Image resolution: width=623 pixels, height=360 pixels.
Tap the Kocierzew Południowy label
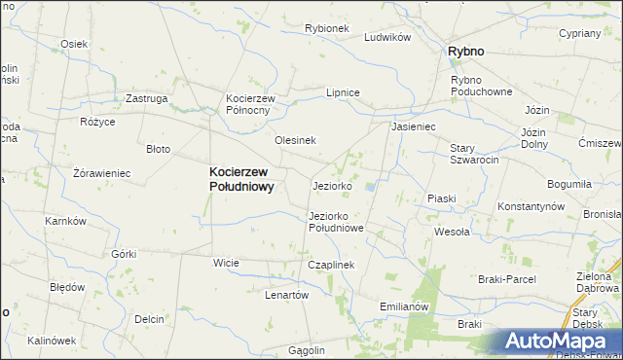click(x=242, y=180)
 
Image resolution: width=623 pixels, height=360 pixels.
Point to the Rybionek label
click(x=326, y=28)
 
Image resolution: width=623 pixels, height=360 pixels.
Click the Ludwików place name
click(x=387, y=37)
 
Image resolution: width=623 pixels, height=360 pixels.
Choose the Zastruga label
click(x=147, y=98)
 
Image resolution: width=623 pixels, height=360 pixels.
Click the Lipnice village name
click(x=343, y=92)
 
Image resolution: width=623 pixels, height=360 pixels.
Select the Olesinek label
click(x=295, y=140)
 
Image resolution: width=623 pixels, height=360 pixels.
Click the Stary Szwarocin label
click(x=474, y=154)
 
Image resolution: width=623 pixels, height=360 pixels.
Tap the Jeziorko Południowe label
click(x=335, y=222)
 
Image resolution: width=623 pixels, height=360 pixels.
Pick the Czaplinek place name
click(x=331, y=265)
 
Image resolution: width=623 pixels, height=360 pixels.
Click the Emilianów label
click(x=404, y=306)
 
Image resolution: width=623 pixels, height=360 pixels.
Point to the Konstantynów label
click(x=531, y=207)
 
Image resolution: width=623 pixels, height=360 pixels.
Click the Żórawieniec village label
click(x=101, y=173)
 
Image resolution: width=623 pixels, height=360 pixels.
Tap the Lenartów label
click(x=286, y=295)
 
